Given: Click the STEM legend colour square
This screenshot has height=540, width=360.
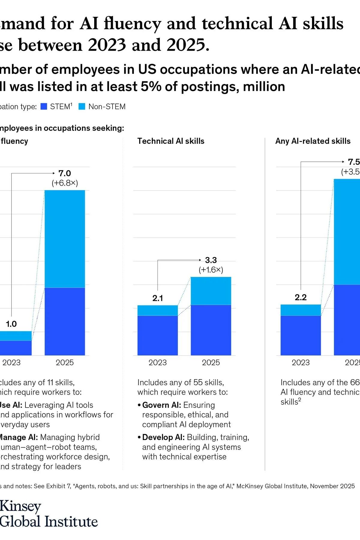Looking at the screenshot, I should click(44, 106).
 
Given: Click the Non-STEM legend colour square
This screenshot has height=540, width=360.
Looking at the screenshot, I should click(82, 106).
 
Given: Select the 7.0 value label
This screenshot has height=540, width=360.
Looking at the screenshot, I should click(64, 173).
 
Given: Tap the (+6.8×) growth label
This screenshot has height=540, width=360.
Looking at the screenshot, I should click(64, 183).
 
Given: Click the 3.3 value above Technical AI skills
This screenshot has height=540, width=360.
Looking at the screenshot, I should click(211, 260).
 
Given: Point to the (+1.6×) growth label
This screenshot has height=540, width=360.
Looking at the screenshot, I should click(211, 270).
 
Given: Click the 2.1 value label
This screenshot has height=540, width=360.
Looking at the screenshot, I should click(157, 298).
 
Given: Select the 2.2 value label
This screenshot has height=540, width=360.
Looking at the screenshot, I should click(301, 297).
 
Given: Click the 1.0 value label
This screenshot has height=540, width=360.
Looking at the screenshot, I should click(11, 324).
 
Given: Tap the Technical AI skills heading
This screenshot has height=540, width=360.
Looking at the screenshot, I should click(171, 141).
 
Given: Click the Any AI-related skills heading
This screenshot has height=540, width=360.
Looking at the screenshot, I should click(313, 141).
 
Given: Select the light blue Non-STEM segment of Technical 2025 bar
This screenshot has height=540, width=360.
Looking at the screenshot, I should click(211, 291).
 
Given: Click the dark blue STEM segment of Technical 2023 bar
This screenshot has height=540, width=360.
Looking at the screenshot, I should click(157, 335).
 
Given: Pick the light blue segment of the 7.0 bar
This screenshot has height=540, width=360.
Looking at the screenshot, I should click(64, 239).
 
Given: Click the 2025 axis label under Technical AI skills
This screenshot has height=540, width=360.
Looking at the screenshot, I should click(211, 362).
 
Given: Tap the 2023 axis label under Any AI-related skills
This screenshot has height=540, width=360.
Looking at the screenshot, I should click(301, 362).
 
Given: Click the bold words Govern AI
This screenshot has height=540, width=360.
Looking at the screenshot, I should click(161, 405).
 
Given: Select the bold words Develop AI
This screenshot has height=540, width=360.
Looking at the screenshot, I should click(163, 437).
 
